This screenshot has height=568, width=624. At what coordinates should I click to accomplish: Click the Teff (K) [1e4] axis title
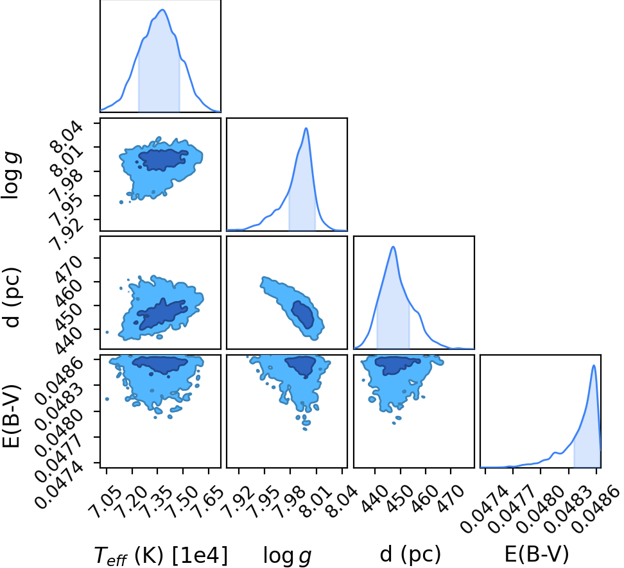tap(160, 555)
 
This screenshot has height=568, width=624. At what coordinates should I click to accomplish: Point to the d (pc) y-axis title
tap(12, 298)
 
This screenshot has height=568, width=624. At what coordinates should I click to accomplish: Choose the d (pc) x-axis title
tap(410, 554)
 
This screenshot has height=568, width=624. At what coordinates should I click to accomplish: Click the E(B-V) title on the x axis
tap(537, 554)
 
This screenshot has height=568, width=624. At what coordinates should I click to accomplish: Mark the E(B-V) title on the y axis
tap(11, 416)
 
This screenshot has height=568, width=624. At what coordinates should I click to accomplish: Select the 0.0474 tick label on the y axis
tap(59, 478)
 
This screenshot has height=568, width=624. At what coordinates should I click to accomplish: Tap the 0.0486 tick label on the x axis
tap(595, 509)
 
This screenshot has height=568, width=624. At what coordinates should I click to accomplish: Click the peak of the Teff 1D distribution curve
tap(162, 10)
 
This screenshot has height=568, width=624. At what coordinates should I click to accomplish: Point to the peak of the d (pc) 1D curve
tap(393, 246)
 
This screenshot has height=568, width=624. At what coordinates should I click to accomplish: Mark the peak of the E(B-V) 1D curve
tap(594, 365)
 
